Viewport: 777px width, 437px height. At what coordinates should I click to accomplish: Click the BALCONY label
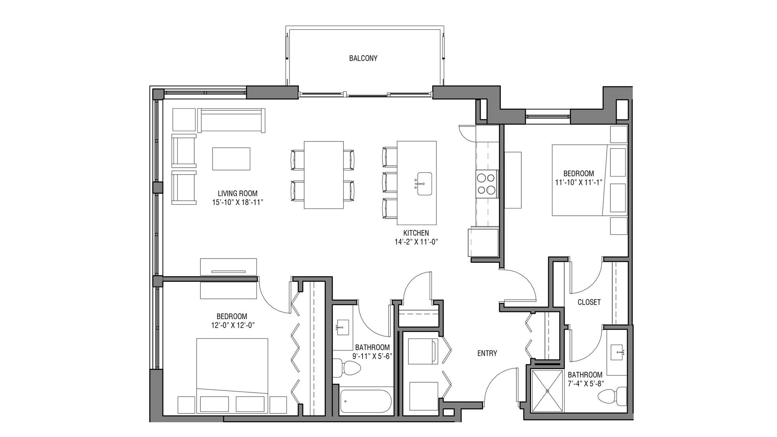tap(363, 58)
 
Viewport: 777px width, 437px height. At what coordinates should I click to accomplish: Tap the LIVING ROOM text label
tap(237, 193)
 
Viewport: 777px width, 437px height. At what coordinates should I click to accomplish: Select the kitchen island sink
tap(425, 184)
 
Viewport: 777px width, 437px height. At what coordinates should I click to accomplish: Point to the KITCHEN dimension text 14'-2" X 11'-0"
tap(416, 242)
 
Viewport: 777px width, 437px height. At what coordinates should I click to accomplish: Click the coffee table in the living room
tap(231, 159)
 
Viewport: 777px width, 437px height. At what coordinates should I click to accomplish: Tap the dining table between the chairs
tap(324, 175)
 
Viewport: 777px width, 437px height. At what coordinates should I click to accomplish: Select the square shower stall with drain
tap(547, 391)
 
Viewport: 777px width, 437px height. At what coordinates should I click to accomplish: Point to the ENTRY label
tap(487, 353)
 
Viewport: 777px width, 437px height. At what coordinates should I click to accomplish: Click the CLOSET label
tap(589, 302)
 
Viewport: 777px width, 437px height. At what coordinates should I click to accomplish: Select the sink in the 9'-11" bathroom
tap(342, 328)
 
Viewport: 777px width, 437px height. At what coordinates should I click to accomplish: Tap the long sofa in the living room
tap(232, 120)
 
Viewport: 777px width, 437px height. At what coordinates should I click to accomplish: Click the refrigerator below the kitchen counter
tap(483, 243)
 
